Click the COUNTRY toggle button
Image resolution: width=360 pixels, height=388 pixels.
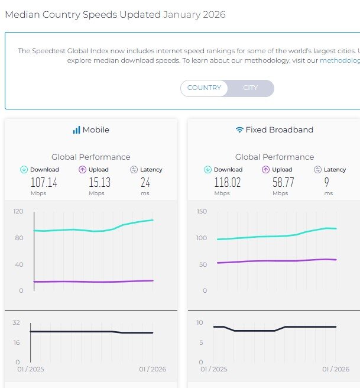(204, 88)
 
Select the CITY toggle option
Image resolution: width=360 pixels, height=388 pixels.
(251, 88)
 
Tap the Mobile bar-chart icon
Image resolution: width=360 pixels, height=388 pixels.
(76, 130)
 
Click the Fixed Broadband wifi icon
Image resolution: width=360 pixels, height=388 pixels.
(239, 130)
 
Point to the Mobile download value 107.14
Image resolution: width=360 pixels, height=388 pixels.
(44, 183)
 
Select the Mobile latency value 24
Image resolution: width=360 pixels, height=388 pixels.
(145, 183)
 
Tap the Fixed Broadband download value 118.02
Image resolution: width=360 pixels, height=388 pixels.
(228, 183)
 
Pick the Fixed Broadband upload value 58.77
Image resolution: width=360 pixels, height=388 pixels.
(283, 183)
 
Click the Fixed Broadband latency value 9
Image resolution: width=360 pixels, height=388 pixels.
(327, 183)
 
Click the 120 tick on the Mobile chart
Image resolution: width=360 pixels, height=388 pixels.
(17, 211)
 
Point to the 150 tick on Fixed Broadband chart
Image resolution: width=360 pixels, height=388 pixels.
(201, 211)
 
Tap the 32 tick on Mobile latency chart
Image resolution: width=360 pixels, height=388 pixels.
(16, 322)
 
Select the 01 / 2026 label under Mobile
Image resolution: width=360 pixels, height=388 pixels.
(153, 370)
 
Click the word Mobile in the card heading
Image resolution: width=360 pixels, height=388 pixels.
(96, 130)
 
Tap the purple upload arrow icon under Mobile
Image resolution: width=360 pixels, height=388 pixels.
(83, 170)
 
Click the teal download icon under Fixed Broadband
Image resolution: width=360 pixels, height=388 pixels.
(207, 170)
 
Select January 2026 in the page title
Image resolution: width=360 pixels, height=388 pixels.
(194, 14)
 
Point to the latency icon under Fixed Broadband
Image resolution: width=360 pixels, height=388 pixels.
(317, 170)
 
